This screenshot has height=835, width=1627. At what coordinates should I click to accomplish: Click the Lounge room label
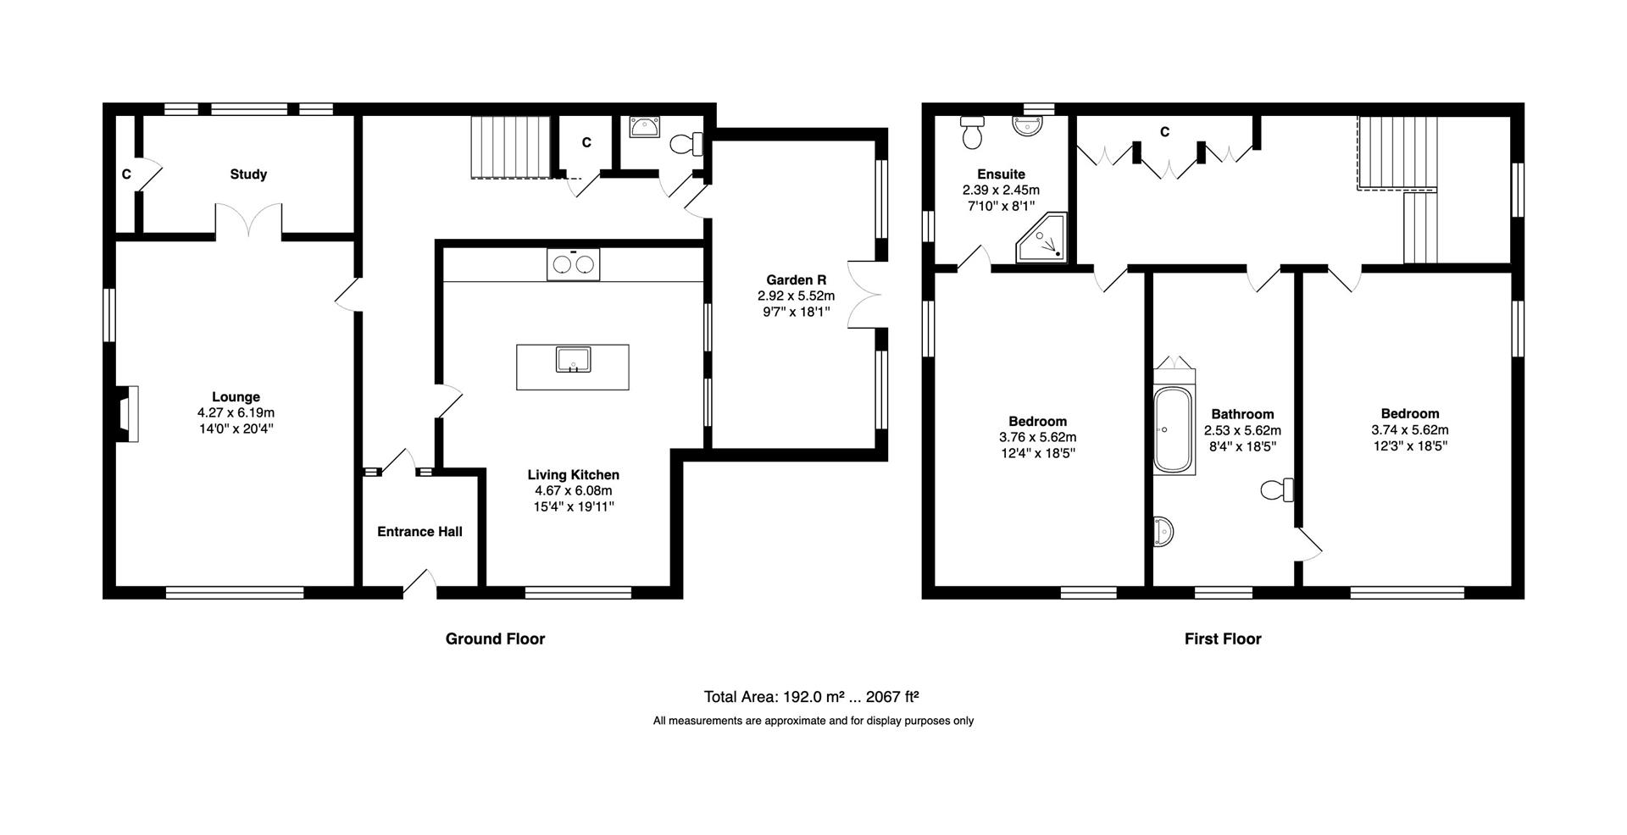236,396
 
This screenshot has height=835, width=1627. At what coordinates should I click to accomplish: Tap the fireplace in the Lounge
127,414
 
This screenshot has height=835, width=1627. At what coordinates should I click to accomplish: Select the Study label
248,174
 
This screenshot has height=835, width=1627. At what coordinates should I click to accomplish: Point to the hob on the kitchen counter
573,264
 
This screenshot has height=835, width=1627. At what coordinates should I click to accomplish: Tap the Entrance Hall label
419,532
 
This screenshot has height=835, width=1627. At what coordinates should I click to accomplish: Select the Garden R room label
796,280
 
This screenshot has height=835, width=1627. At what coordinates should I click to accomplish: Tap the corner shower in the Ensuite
1041,237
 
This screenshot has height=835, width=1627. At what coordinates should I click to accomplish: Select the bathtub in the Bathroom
1174,430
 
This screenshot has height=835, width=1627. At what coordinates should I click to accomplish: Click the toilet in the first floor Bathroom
1277,489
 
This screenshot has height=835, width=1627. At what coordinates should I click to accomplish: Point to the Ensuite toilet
971,132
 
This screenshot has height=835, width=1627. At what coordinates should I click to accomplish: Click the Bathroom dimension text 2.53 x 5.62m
1242,430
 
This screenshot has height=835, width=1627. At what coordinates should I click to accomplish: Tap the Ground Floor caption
495,639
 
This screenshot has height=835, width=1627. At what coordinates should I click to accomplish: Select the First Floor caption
1223,639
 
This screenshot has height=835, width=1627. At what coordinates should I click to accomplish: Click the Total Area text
812,697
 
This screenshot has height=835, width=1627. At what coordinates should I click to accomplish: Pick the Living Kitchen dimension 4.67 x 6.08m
573,491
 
